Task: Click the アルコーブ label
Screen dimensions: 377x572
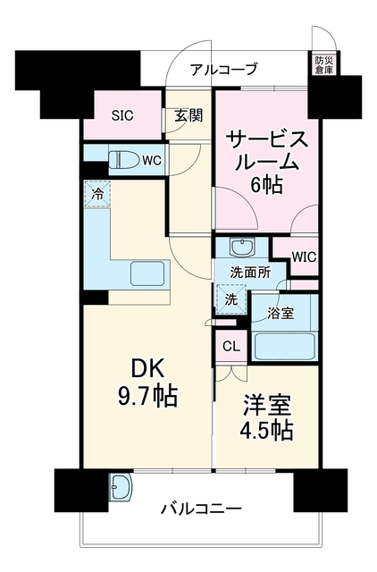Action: tap(223, 70)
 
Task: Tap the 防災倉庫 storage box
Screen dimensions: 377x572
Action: tap(324, 64)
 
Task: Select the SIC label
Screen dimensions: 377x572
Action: tap(122, 115)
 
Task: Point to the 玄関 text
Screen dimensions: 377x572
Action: tap(188, 115)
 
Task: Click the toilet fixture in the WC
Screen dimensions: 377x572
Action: tap(124, 160)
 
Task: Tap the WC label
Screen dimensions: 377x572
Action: tap(151, 161)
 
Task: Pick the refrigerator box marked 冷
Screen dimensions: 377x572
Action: tap(97, 194)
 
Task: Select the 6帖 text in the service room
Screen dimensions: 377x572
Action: tap(266, 186)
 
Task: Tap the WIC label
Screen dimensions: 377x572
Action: tap(304, 257)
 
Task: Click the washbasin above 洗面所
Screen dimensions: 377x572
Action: tap(242, 247)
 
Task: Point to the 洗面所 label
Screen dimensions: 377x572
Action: tap(250, 272)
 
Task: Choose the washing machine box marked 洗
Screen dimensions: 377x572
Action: tap(230, 299)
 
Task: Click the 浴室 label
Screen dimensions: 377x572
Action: tap(281, 314)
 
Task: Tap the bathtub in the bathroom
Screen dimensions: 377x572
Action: tap(285, 346)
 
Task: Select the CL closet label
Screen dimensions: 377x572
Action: tap(231, 347)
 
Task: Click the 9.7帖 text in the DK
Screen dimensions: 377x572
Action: tap(147, 396)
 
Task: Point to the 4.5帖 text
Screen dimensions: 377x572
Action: tap(266, 431)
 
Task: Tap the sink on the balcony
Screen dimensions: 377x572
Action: tap(121, 486)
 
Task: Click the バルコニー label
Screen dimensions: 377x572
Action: tap(201, 509)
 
